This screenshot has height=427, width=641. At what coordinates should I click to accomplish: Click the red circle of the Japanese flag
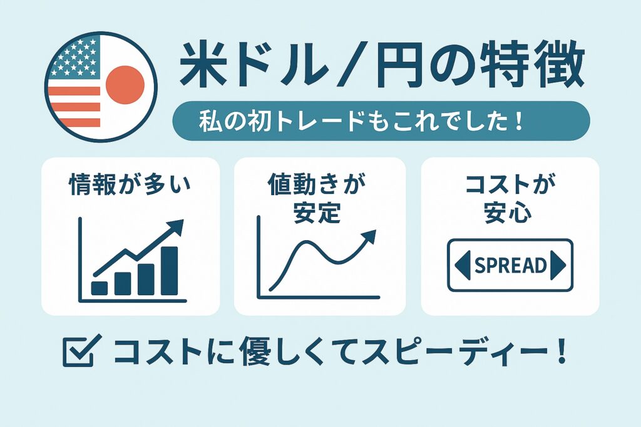click(125, 84)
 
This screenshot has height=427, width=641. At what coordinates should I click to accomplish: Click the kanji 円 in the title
click(399, 65)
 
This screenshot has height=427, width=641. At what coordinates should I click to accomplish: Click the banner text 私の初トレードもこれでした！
click(361, 121)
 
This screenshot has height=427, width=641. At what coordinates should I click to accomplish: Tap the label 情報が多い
click(130, 184)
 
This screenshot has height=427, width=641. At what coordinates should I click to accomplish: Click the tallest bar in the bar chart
click(169, 271)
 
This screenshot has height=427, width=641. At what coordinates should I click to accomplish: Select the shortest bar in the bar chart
click(100, 288)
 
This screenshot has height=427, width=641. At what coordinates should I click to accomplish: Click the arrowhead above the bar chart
click(175, 227)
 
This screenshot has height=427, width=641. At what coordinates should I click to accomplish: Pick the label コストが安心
click(510, 198)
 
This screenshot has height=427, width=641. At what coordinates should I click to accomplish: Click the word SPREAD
click(511, 265)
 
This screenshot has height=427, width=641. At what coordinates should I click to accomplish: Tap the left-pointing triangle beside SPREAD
click(463, 265)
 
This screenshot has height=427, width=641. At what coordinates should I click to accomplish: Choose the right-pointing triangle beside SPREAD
click(558, 265)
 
